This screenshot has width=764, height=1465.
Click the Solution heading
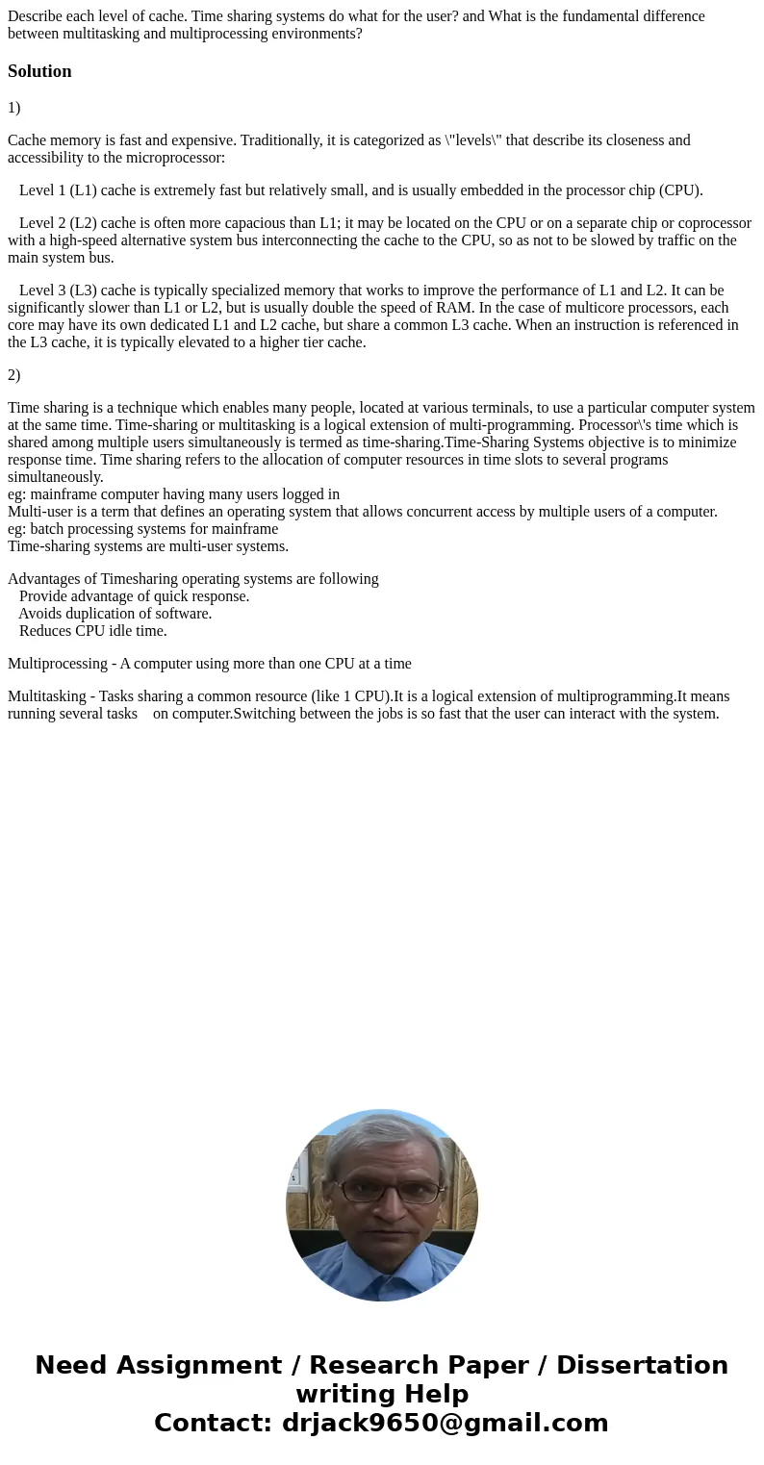click(x=39, y=71)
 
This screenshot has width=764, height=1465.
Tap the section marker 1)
click(x=13, y=108)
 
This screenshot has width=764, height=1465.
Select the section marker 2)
click(x=13, y=375)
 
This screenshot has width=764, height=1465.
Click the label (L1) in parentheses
click(x=83, y=190)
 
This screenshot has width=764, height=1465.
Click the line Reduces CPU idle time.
click(x=92, y=631)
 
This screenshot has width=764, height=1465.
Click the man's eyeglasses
click(x=382, y=1190)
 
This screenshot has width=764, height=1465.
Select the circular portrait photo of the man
click(x=382, y=1205)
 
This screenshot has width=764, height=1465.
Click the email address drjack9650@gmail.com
click(x=445, y=1424)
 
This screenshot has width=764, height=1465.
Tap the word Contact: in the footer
click(x=214, y=1424)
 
